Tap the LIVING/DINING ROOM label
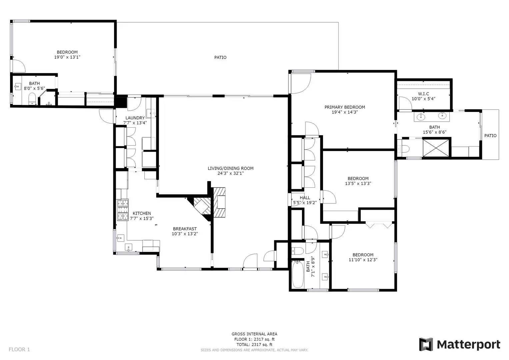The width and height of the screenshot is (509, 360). (230, 168)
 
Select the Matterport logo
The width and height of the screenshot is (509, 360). (460, 344)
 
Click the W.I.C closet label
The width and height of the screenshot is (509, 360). (423, 94)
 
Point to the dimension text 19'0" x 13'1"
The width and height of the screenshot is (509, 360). (67, 57)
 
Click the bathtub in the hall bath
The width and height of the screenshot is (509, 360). (298, 274)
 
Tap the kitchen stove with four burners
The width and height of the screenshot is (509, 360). (122, 210)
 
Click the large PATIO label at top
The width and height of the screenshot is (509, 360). (220, 57)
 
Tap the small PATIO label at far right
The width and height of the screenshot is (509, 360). (490, 136)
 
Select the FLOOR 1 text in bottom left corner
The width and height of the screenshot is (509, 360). (19, 349)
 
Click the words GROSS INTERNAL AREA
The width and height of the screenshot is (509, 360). (254, 334)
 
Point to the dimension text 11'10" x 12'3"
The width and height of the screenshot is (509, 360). (363, 260)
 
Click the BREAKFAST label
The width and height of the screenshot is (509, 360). (185, 229)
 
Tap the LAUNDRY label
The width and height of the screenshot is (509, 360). (135, 118)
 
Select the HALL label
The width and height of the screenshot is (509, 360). (305, 198)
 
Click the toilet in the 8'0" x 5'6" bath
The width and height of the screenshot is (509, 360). (32, 98)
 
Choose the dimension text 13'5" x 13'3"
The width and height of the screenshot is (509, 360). (358, 183)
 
